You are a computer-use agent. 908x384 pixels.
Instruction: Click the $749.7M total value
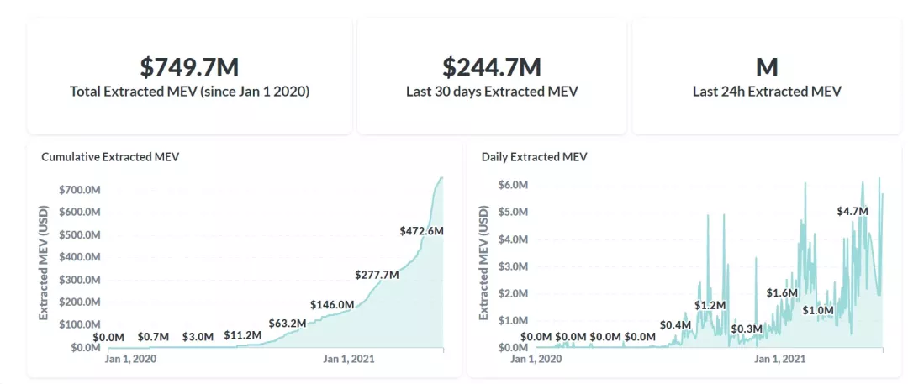(189, 67)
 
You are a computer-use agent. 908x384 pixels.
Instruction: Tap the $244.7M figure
(492, 67)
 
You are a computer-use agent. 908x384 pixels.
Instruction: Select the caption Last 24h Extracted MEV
(766, 92)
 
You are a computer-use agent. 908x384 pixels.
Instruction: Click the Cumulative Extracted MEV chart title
(110, 156)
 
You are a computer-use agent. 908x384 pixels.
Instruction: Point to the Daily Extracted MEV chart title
(534, 156)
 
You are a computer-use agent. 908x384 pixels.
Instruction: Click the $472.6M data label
(421, 230)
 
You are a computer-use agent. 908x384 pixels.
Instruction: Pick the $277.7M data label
(376, 275)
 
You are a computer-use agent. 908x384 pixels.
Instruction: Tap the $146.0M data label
(332, 304)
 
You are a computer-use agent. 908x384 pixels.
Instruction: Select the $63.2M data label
(288, 323)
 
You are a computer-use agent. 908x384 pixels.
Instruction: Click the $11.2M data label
(243, 335)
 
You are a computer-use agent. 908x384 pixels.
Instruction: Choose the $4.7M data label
(852, 211)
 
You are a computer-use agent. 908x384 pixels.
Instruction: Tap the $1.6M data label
(782, 292)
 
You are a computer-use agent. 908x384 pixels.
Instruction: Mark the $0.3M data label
(746, 329)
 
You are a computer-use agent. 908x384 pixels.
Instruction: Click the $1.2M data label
(710, 305)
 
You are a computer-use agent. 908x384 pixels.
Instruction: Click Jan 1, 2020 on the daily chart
(536, 359)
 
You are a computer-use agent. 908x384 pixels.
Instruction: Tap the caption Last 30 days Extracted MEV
(492, 92)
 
